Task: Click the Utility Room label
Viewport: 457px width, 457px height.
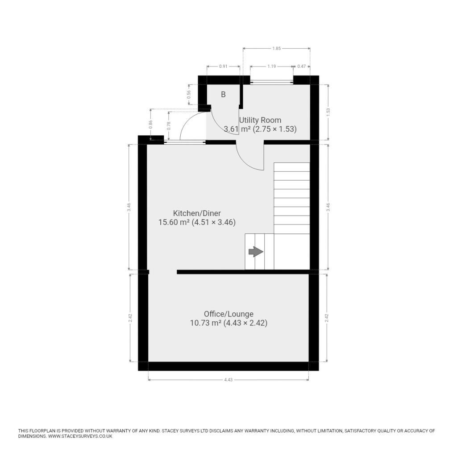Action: point(260,120)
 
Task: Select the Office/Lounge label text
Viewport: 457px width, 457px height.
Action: point(228,314)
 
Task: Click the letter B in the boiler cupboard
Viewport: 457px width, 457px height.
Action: point(223,95)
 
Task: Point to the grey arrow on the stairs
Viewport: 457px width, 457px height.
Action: point(255,252)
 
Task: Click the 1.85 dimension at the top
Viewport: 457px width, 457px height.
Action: point(276,48)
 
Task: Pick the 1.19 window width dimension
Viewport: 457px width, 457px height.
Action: point(271,66)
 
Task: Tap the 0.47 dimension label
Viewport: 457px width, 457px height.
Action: point(301,66)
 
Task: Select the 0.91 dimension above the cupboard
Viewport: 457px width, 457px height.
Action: point(223,66)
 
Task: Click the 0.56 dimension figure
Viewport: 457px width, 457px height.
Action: point(189,95)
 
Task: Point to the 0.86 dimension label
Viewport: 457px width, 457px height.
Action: point(150,125)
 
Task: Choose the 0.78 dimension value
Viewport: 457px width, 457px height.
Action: point(169,126)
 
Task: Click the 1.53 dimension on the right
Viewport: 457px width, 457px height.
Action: point(328,112)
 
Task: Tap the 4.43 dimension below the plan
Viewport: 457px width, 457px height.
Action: point(228,380)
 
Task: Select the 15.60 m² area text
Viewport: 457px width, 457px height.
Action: point(174,222)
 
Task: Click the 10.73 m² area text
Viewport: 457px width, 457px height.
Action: point(205,323)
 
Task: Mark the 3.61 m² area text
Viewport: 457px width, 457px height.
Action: point(237,129)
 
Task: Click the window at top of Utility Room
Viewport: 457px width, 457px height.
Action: point(271,81)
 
